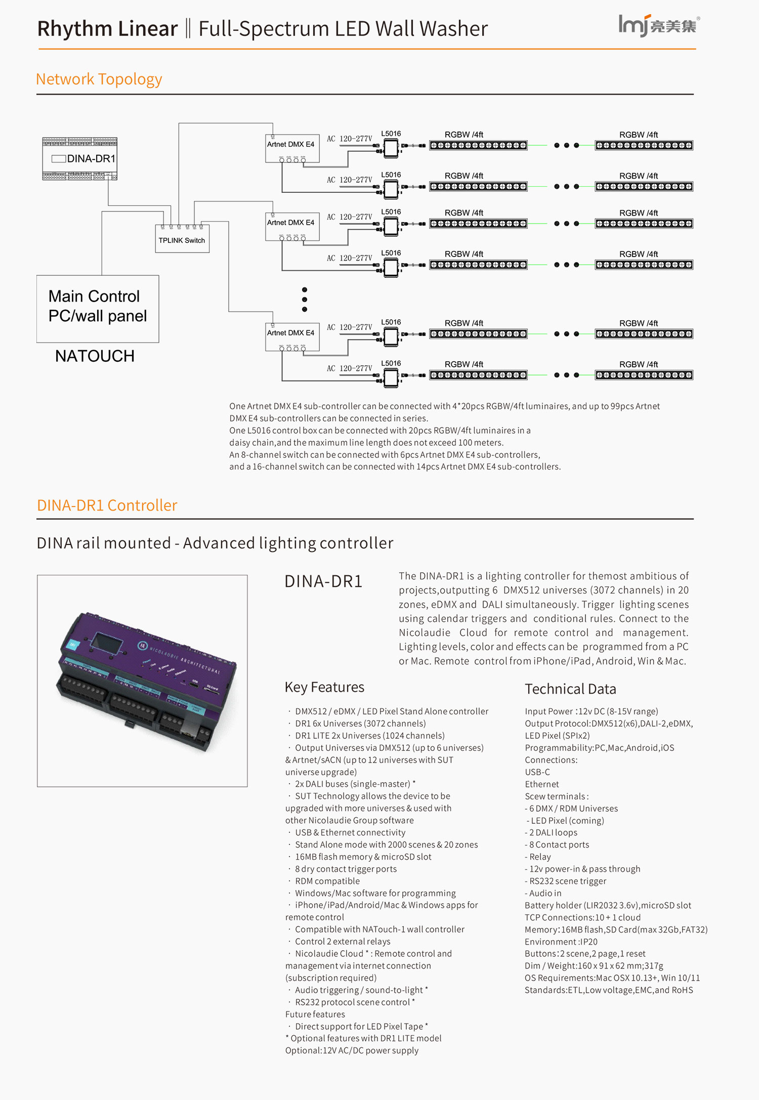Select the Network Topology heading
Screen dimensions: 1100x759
pyautogui.click(x=99, y=79)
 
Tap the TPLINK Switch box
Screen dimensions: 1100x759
pyautogui.click(x=182, y=240)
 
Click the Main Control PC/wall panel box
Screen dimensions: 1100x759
pyautogui.click(x=98, y=309)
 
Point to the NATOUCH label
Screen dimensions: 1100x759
pyautogui.click(x=95, y=356)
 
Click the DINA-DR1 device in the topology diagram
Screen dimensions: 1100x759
pyautogui.click(x=80, y=158)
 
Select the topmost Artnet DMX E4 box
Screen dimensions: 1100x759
pyautogui.click(x=291, y=148)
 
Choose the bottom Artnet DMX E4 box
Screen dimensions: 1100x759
pyautogui.click(x=291, y=336)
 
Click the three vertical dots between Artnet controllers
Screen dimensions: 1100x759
pyautogui.click(x=304, y=300)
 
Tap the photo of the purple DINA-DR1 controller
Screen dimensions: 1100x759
pyautogui.click(x=143, y=681)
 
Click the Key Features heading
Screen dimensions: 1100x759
pyautogui.click(x=324, y=687)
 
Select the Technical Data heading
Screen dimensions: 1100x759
pyautogui.click(x=570, y=689)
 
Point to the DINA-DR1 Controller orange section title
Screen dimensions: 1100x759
pyautogui.click(x=107, y=505)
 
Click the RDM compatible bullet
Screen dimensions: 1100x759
pyautogui.click(x=327, y=881)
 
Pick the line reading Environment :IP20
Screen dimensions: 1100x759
pyautogui.click(x=561, y=942)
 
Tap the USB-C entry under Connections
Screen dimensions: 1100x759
pyautogui.click(x=537, y=772)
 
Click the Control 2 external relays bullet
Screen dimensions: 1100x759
pyautogui.click(x=343, y=942)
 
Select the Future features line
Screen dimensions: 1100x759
pyautogui.click(x=315, y=1014)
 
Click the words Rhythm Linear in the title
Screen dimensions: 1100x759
pyautogui.click(x=107, y=29)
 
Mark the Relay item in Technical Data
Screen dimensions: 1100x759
pyautogui.click(x=540, y=857)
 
